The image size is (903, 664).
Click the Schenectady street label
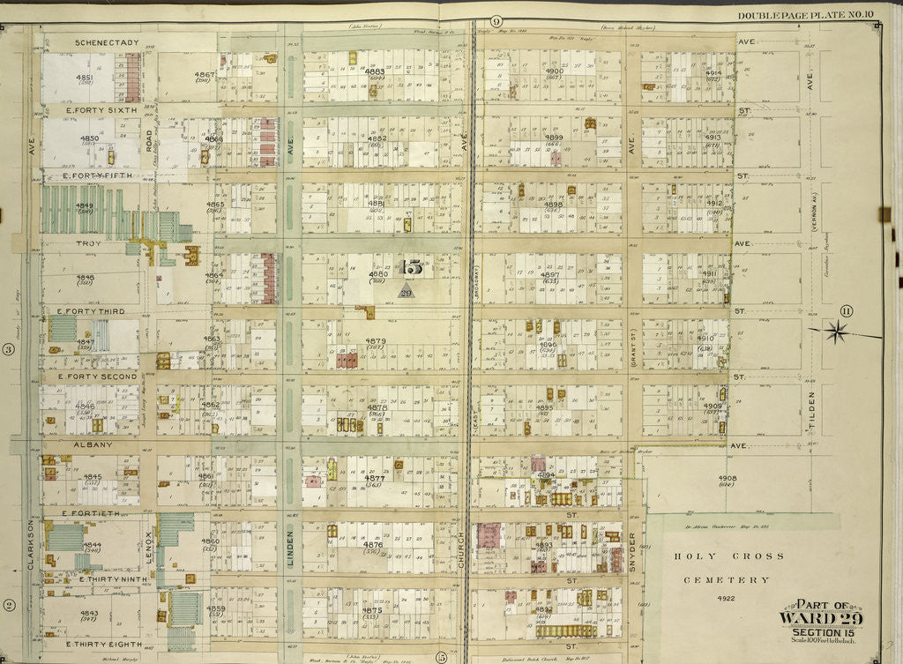pos(105,41)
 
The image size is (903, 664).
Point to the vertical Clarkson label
pos(30,543)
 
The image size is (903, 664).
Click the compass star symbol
pos(838,332)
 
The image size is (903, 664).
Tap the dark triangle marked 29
pos(406,291)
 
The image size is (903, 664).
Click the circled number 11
pos(847,310)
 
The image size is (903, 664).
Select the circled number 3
pos(8,349)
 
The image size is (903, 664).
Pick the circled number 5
pos(439,655)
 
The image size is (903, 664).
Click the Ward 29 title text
pos(820,617)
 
